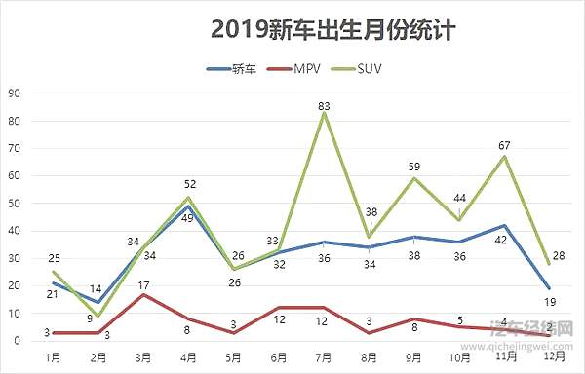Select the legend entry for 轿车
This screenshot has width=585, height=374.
click(x=233, y=69)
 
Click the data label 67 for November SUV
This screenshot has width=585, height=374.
click(x=504, y=146)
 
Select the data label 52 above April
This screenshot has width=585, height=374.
click(x=190, y=185)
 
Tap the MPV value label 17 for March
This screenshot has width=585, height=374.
click(x=143, y=285)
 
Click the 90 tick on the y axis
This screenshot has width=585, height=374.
click(x=15, y=93)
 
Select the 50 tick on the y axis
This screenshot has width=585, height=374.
click(x=15, y=204)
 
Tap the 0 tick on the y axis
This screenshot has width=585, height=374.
click(x=18, y=341)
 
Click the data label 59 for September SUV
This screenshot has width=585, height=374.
click(x=413, y=167)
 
